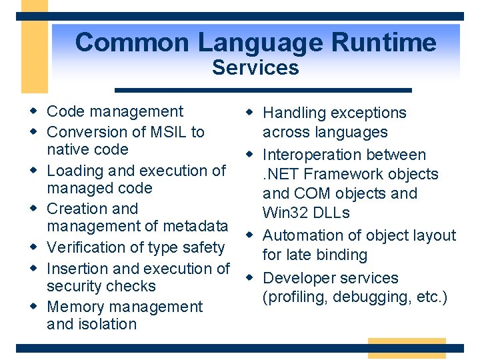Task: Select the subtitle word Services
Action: point(255,67)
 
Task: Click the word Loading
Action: point(73,171)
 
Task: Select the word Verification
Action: point(86,247)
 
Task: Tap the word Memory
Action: point(75,307)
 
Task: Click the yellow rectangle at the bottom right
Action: point(407,348)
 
